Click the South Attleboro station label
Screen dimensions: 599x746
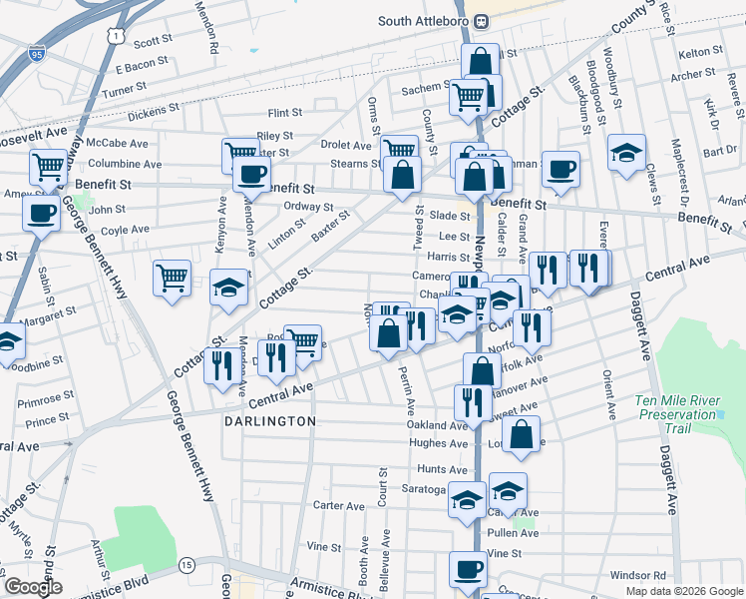[424, 21]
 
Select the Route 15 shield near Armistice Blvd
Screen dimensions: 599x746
[186, 566]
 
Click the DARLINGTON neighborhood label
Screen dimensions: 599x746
[268, 422]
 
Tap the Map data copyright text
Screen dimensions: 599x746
[683, 591]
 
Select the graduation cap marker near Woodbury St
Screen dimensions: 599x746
[626, 153]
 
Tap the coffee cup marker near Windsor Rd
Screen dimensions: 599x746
[468, 570]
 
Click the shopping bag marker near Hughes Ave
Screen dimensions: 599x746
[521, 434]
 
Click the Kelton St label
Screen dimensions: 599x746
[699, 52]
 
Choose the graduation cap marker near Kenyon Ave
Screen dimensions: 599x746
[229, 289]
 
